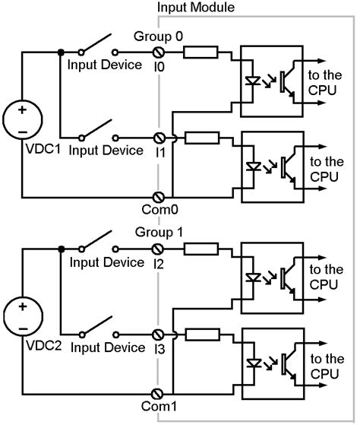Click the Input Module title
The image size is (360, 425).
196,7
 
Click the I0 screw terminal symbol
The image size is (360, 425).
160,52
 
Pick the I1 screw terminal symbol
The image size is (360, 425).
160,138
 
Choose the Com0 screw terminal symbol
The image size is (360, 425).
160,196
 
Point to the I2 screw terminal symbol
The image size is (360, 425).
160,249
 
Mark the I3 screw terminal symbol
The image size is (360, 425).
160,335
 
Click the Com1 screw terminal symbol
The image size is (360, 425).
160,393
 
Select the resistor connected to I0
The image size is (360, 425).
201,52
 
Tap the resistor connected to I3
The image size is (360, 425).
201,335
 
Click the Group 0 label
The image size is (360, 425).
158,36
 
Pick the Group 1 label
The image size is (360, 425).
158,233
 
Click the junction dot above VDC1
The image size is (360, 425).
60,52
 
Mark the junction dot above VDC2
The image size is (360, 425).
60,249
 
